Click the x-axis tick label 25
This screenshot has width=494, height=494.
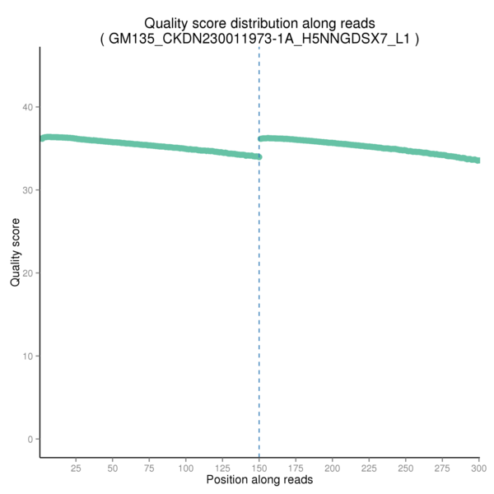click(76, 468)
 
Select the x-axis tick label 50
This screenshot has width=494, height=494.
click(113, 468)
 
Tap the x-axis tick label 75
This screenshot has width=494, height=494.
click(149, 468)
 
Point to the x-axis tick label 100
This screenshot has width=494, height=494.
click(186, 468)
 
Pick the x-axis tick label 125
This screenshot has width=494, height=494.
click(222, 468)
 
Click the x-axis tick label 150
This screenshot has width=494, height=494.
click(259, 468)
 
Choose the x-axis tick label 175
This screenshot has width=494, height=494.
click(296, 468)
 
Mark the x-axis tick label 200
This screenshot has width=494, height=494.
click(333, 468)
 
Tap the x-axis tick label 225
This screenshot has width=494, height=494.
click(369, 468)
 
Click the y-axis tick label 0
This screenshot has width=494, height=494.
click(30, 439)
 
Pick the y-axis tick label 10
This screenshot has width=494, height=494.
click(28, 356)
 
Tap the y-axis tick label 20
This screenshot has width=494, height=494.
click(28, 273)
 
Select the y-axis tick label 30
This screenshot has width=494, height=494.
click(28, 190)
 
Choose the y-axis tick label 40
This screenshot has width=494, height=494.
click(28, 107)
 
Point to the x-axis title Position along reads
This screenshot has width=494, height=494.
click(259, 480)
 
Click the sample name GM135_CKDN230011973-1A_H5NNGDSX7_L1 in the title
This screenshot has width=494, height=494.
click(259, 38)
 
